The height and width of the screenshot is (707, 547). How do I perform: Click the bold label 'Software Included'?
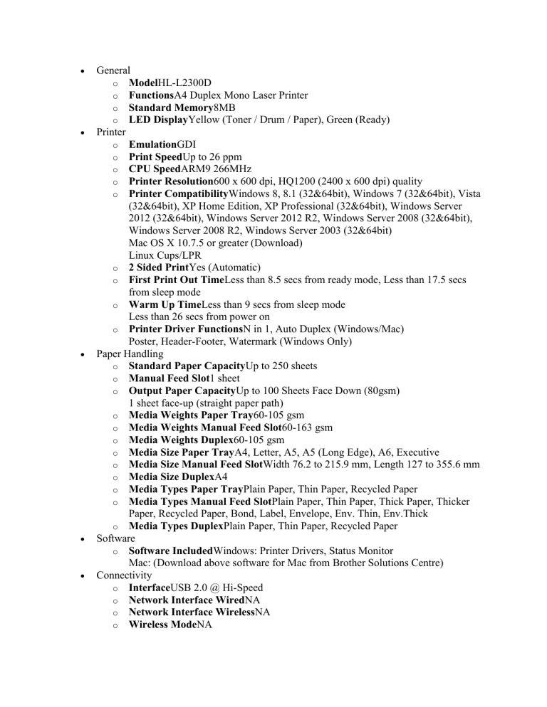(171, 550)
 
